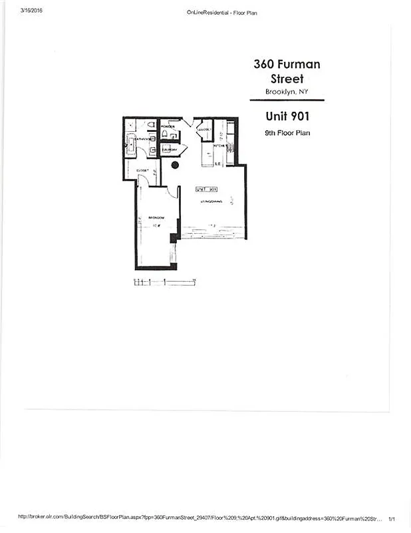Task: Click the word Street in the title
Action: (x=287, y=79)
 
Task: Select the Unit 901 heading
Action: (x=287, y=116)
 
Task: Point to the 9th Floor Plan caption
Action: (x=287, y=133)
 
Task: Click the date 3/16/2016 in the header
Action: (x=31, y=9)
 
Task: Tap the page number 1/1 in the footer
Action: (x=392, y=517)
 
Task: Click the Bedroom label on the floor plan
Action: (x=156, y=219)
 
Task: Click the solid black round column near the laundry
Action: (x=176, y=165)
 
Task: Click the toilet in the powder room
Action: (x=165, y=134)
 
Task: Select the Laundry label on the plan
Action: (x=169, y=150)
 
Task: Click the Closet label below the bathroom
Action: (x=142, y=171)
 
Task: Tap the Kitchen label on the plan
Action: (x=220, y=146)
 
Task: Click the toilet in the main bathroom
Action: (x=151, y=125)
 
